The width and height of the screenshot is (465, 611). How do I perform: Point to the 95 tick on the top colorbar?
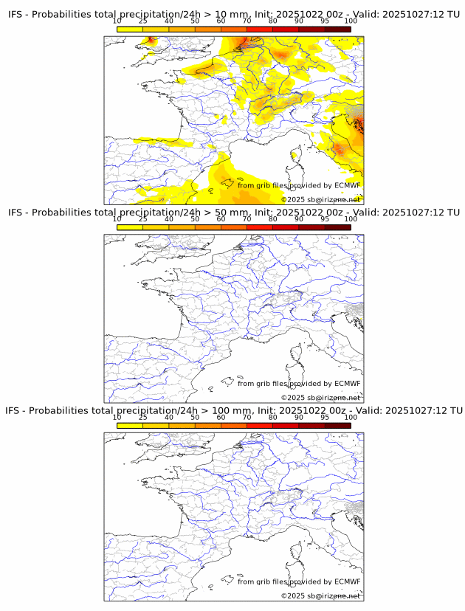(x=325, y=21)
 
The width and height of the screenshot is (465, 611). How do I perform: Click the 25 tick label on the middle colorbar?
(x=143, y=219)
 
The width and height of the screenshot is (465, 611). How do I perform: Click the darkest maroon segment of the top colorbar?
(x=337, y=29)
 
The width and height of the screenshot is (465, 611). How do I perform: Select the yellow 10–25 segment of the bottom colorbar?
(x=130, y=426)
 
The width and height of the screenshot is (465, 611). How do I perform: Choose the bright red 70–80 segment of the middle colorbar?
(x=259, y=227)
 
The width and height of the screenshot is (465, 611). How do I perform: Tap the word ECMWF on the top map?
(x=347, y=185)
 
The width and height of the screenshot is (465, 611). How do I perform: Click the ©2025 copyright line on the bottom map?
(x=320, y=596)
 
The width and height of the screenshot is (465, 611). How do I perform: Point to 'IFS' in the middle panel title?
(x=16, y=213)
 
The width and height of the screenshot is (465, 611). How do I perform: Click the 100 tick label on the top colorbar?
(x=351, y=21)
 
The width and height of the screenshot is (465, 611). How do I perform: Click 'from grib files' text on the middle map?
(x=263, y=383)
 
